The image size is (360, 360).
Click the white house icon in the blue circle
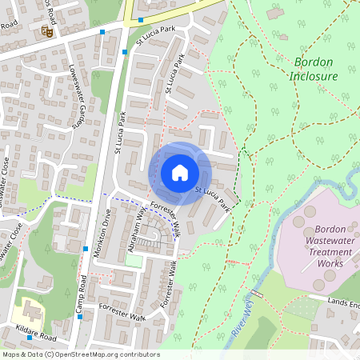(x=180, y=172)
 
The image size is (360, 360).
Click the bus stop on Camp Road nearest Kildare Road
(x=81, y=316)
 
